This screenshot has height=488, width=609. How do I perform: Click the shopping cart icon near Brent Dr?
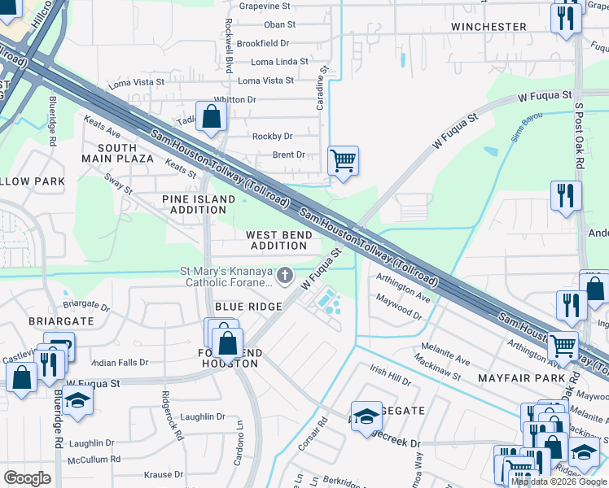click(343, 160)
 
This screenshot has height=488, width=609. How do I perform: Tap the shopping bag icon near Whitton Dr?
click(212, 115)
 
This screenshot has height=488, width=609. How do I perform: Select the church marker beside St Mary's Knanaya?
click(285, 277)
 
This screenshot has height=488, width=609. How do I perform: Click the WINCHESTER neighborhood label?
click(489, 27)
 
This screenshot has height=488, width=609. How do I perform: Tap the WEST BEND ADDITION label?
click(278, 240)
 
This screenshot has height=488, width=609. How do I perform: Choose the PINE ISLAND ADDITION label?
click(194, 204)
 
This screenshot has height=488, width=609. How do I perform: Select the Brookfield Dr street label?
click(263, 43)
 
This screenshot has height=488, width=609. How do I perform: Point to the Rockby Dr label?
click(272, 136)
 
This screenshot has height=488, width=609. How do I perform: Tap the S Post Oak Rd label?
click(580, 135)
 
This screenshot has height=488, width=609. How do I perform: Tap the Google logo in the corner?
click(27, 478)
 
